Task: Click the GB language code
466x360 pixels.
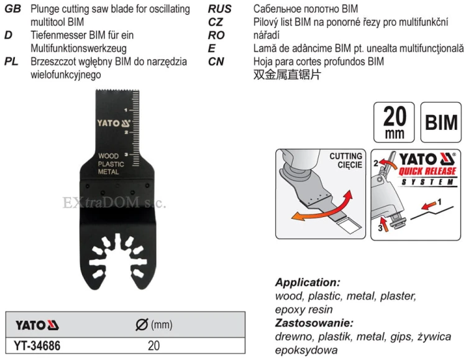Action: click(13, 9)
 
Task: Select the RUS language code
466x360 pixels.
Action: click(219, 9)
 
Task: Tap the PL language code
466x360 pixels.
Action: click(11, 62)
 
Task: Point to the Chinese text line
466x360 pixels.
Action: click(287, 75)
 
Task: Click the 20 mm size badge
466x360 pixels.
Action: click(394, 122)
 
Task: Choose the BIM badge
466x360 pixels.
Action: click(441, 122)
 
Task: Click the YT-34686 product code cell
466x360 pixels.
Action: click(37, 346)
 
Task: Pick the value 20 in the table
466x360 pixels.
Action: click(153, 346)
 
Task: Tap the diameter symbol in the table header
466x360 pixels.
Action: click(142, 325)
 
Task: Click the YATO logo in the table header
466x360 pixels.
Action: click(37, 325)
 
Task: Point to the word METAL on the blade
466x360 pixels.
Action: click(109, 172)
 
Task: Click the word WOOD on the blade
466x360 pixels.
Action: click(109, 156)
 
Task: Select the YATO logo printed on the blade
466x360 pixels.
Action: click(114, 123)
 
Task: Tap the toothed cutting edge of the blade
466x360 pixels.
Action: click(117, 90)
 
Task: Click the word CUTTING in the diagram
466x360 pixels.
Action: click(345, 156)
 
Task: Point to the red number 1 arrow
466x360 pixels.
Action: click(428, 205)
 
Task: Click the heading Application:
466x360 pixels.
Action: click(308, 282)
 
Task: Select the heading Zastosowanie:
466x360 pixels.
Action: click(314, 323)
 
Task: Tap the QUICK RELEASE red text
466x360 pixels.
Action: click(427, 171)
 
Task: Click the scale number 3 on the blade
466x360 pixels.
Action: click(126, 154)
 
